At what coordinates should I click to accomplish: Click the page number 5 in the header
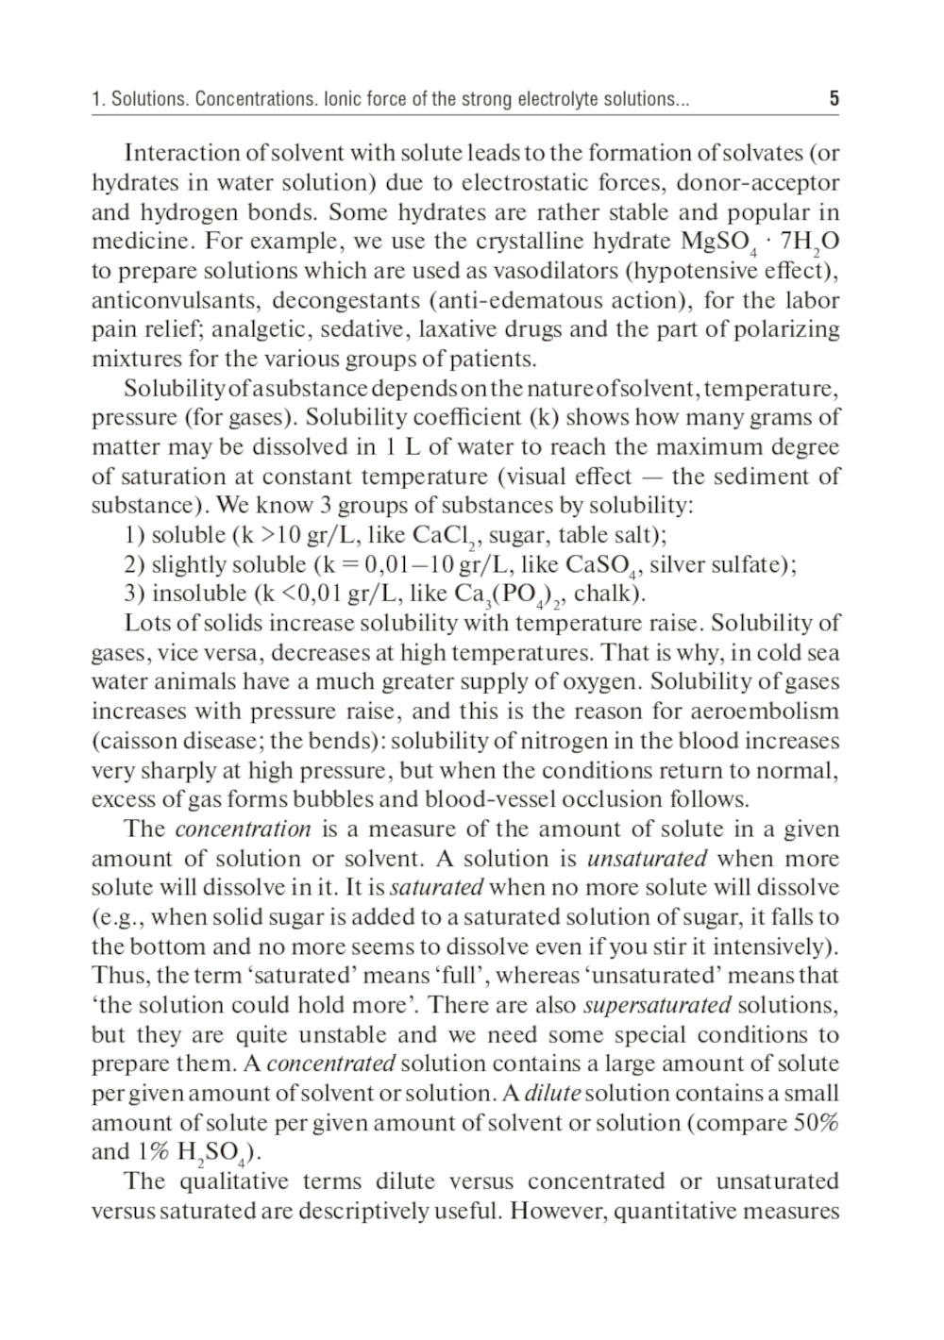[x=834, y=98]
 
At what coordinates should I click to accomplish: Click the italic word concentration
[x=243, y=829]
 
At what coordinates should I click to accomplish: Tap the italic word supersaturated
[x=657, y=1005]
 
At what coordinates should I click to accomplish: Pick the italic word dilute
[x=552, y=1094]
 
